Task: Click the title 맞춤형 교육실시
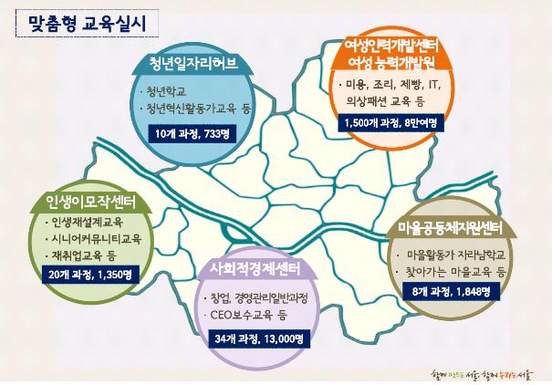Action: pos(87,24)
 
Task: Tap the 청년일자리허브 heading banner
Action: pos(193,64)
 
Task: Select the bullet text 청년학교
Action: pos(166,91)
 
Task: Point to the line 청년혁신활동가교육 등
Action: pos(199,109)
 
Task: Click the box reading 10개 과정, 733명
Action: pos(193,134)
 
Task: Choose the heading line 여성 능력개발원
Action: pos(391,62)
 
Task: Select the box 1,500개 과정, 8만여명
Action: pos(391,123)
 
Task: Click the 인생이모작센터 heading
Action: pos(90,203)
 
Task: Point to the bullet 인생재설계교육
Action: pos(88,222)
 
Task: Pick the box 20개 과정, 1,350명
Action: pos(90,275)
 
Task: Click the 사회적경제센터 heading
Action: pos(255,269)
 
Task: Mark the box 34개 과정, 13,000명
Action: pos(259,338)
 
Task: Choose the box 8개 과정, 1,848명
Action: pos(452,291)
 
